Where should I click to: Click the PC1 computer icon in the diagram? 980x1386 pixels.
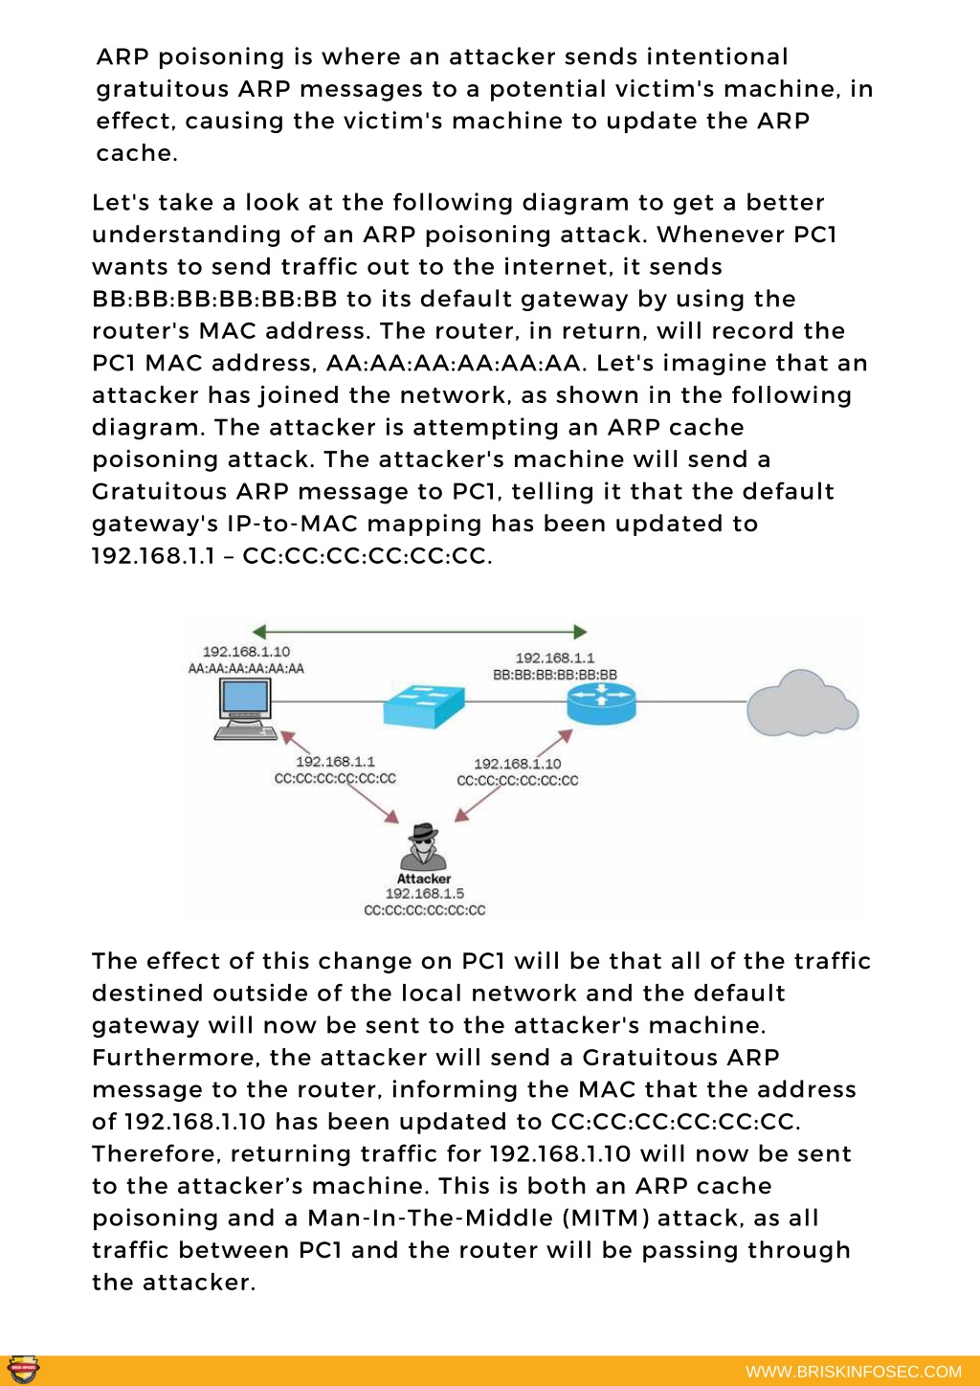click(x=246, y=708)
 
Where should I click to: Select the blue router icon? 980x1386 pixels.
click(x=601, y=704)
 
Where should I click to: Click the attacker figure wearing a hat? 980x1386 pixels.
click(x=423, y=846)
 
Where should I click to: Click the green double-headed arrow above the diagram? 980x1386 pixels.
click(x=420, y=632)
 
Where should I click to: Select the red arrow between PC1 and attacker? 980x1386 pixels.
click(x=340, y=777)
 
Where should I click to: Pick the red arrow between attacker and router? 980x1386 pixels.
click(x=514, y=776)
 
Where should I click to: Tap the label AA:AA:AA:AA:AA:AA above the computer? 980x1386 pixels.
click(x=246, y=668)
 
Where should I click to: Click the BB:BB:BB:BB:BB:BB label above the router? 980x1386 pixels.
click(x=555, y=675)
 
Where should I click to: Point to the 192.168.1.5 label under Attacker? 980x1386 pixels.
click(x=424, y=893)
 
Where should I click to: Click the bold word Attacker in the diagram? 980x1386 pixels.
click(x=424, y=879)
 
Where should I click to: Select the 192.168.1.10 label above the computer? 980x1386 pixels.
click(x=246, y=652)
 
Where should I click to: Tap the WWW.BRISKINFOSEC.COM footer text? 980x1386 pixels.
click(x=854, y=1372)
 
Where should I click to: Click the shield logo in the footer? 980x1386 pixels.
click(x=24, y=1370)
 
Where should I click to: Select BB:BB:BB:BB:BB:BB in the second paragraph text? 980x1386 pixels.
click(x=214, y=299)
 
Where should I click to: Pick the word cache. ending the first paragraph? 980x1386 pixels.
click(x=137, y=153)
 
